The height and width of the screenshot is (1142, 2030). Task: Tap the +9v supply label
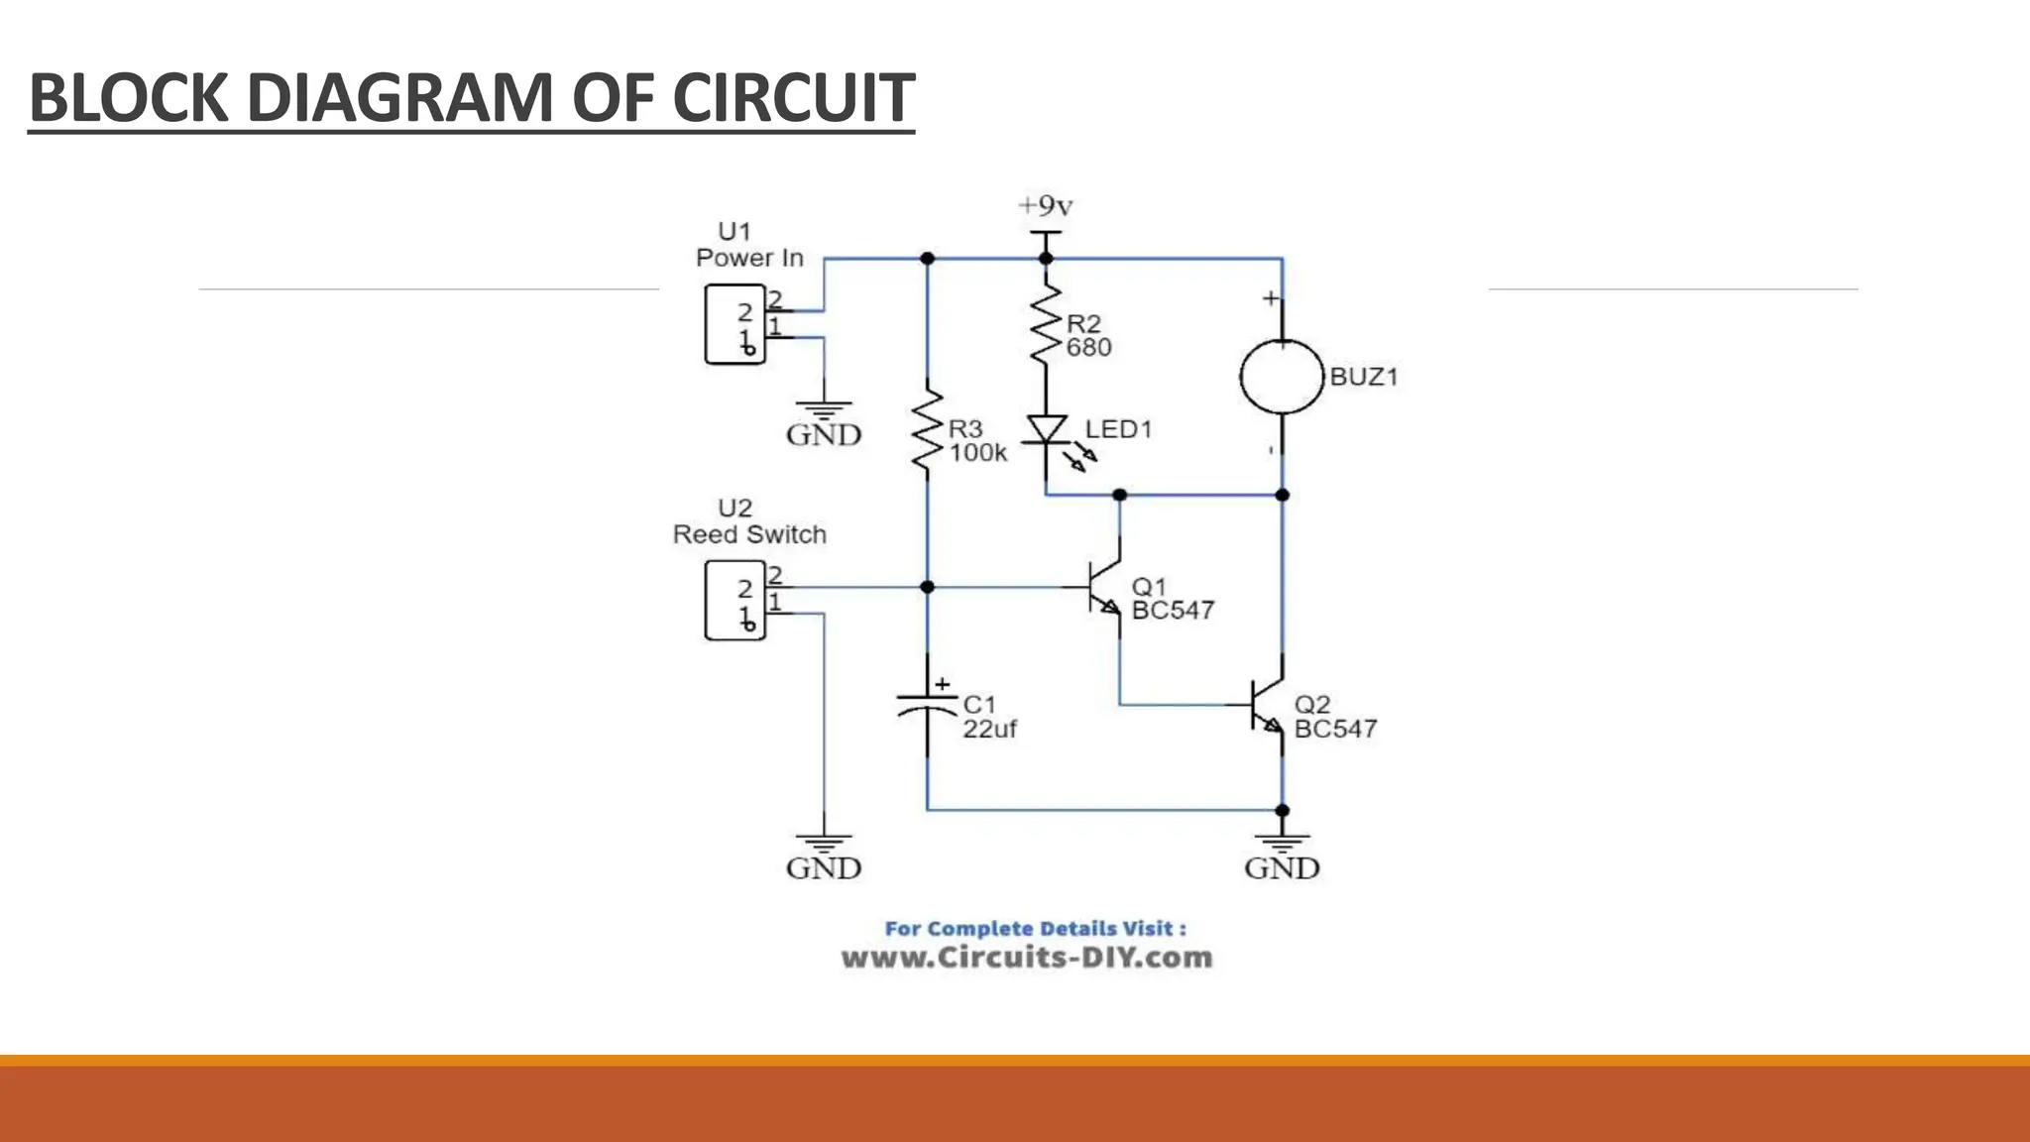coord(1046,206)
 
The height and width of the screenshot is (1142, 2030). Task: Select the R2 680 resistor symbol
coord(1046,324)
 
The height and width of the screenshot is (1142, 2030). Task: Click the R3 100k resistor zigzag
coord(927,429)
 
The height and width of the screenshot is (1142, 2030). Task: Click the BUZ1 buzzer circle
coord(1282,377)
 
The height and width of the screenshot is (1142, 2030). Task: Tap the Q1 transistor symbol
coord(1103,588)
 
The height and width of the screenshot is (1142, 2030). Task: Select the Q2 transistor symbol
coord(1266,706)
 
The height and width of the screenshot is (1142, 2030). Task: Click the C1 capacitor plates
coord(927,705)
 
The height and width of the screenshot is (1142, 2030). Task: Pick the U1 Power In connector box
coord(734,324)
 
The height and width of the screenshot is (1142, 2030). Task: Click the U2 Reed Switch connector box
coord(734,600)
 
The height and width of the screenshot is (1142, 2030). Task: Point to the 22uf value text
coord(989,729)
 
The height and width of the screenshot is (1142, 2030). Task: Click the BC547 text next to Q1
coord(1173,611)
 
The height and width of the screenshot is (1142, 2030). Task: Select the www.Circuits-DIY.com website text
coord(1027,958)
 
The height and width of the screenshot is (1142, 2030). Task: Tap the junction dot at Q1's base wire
coord(927,588)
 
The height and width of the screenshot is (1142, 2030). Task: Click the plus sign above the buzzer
coord(1270,298)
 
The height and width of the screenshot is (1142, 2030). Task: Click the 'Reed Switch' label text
coord(749,534)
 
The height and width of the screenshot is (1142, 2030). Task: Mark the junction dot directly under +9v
coord(1046,259)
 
